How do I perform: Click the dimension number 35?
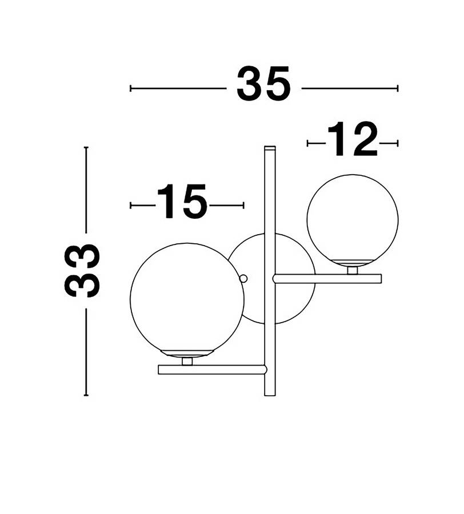263,83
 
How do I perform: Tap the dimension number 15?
182,201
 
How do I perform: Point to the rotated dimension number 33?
82,271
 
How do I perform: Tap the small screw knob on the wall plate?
243,279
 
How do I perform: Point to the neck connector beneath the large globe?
187,361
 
